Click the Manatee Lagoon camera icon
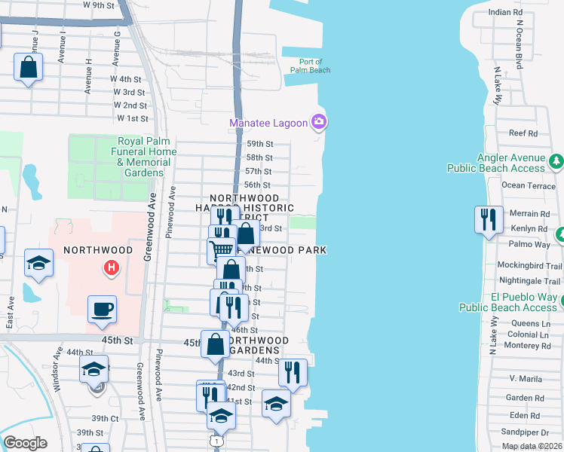pyautogui.click(x=319, y=121)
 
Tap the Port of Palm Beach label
pyautogui.click(x=310, y=66)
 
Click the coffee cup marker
pyautogui.click(x=102, y=309)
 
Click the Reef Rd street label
pyautogui.click(x=523, y=133)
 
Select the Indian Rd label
pyautogui.click(x=505, y=13)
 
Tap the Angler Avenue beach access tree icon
pyautogui.click(x=556, y=160)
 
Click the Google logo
pyautogui.click(x=25, y=443)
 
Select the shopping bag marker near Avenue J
pyautogui.click(x=28, y=66)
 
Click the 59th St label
pyautogui.click(x=259, y=144)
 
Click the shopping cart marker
pyautogui.click(x=221, y=249)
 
